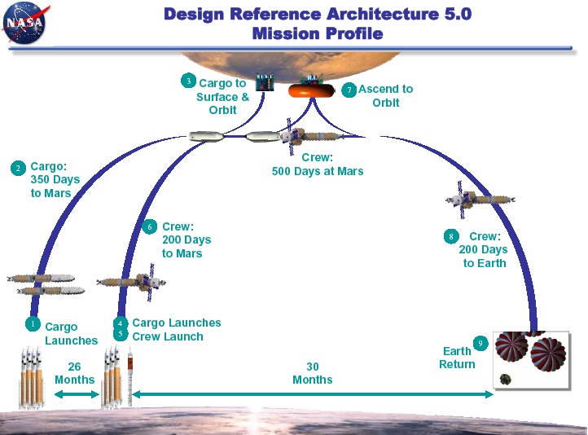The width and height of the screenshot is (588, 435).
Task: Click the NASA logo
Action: coord(24,24)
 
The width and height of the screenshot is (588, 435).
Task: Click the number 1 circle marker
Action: coord(32,324)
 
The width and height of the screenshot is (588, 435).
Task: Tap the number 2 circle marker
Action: coord(18,168)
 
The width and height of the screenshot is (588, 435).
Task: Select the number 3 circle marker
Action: coord(189,81)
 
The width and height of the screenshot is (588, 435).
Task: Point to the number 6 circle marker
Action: coord(149,227)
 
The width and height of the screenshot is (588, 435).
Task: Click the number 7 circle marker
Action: coord(349,90)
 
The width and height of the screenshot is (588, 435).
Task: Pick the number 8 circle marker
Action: coord(450,237)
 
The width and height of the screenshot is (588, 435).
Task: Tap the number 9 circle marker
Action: coord(480,344)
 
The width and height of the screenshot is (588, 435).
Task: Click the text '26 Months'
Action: coord(75,373)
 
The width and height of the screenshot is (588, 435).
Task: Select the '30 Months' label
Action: coord(313,373)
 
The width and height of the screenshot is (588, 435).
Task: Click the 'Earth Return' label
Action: coord(457,358)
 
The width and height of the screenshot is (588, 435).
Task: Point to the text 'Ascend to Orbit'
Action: coord(386,96)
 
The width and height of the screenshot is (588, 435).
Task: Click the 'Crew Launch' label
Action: coord(168,336)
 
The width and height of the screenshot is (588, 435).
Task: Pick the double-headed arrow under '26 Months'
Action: coord(75,394)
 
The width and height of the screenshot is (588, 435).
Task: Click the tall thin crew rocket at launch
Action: coord(129,378)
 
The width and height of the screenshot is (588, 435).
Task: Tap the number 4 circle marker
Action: coord(121,323)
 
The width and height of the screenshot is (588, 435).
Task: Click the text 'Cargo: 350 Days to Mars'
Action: coord(50,180)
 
